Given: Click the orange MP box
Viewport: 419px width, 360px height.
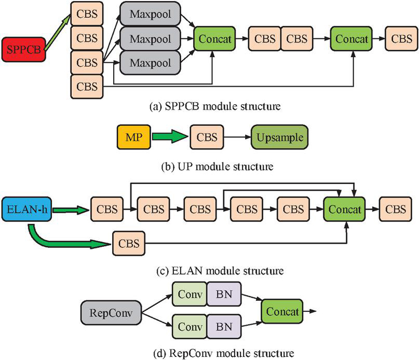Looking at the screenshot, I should coord(133,138).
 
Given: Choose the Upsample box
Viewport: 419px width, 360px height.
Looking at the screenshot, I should coord(279,138).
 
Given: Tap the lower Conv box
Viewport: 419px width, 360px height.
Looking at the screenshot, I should coord(190,327).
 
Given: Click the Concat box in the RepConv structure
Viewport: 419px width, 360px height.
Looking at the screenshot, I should coord(283,312).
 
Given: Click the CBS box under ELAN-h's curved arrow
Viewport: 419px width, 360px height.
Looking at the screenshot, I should coord(128,244).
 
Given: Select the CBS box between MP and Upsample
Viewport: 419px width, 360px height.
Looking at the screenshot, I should coord(206,138).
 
